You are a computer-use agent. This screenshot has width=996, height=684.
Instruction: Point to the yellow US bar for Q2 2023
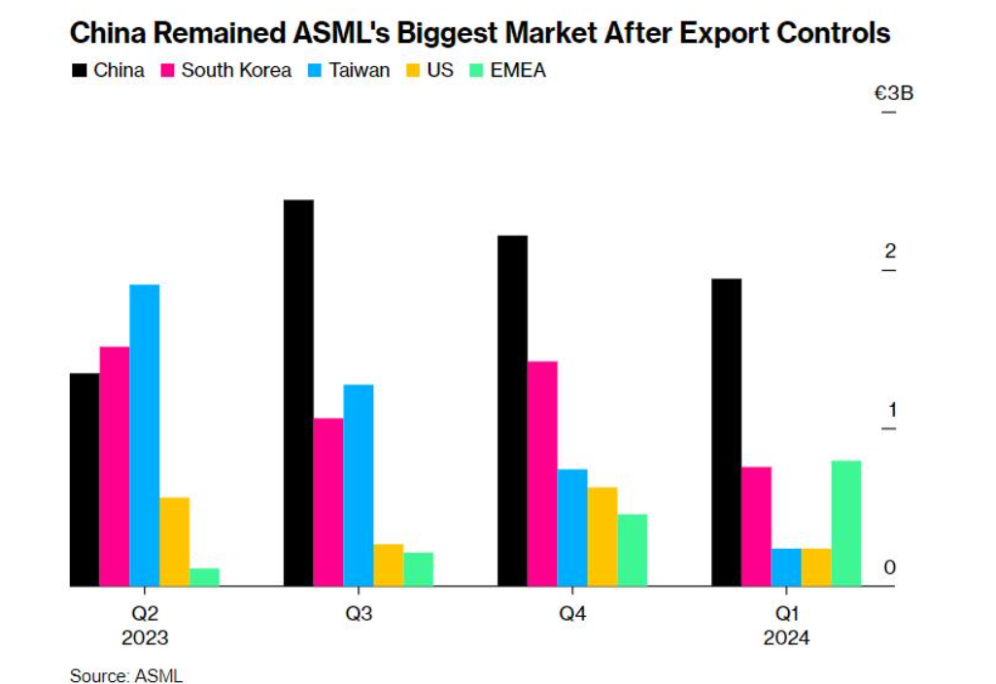click(175, 541)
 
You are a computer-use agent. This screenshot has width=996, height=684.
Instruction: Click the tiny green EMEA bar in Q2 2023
click(204, 577)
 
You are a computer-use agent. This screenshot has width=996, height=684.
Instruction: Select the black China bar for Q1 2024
click(726, 432)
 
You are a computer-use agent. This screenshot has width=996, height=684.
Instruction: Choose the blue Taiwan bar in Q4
click(572, 528)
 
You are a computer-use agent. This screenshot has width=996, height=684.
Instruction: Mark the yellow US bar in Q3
click(389, 564)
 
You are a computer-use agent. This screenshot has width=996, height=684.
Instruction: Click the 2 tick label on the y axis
click(888, 252)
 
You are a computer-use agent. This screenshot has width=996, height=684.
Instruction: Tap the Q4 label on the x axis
click(572, 614)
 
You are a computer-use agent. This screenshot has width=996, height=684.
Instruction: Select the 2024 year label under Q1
click(786, 638)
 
